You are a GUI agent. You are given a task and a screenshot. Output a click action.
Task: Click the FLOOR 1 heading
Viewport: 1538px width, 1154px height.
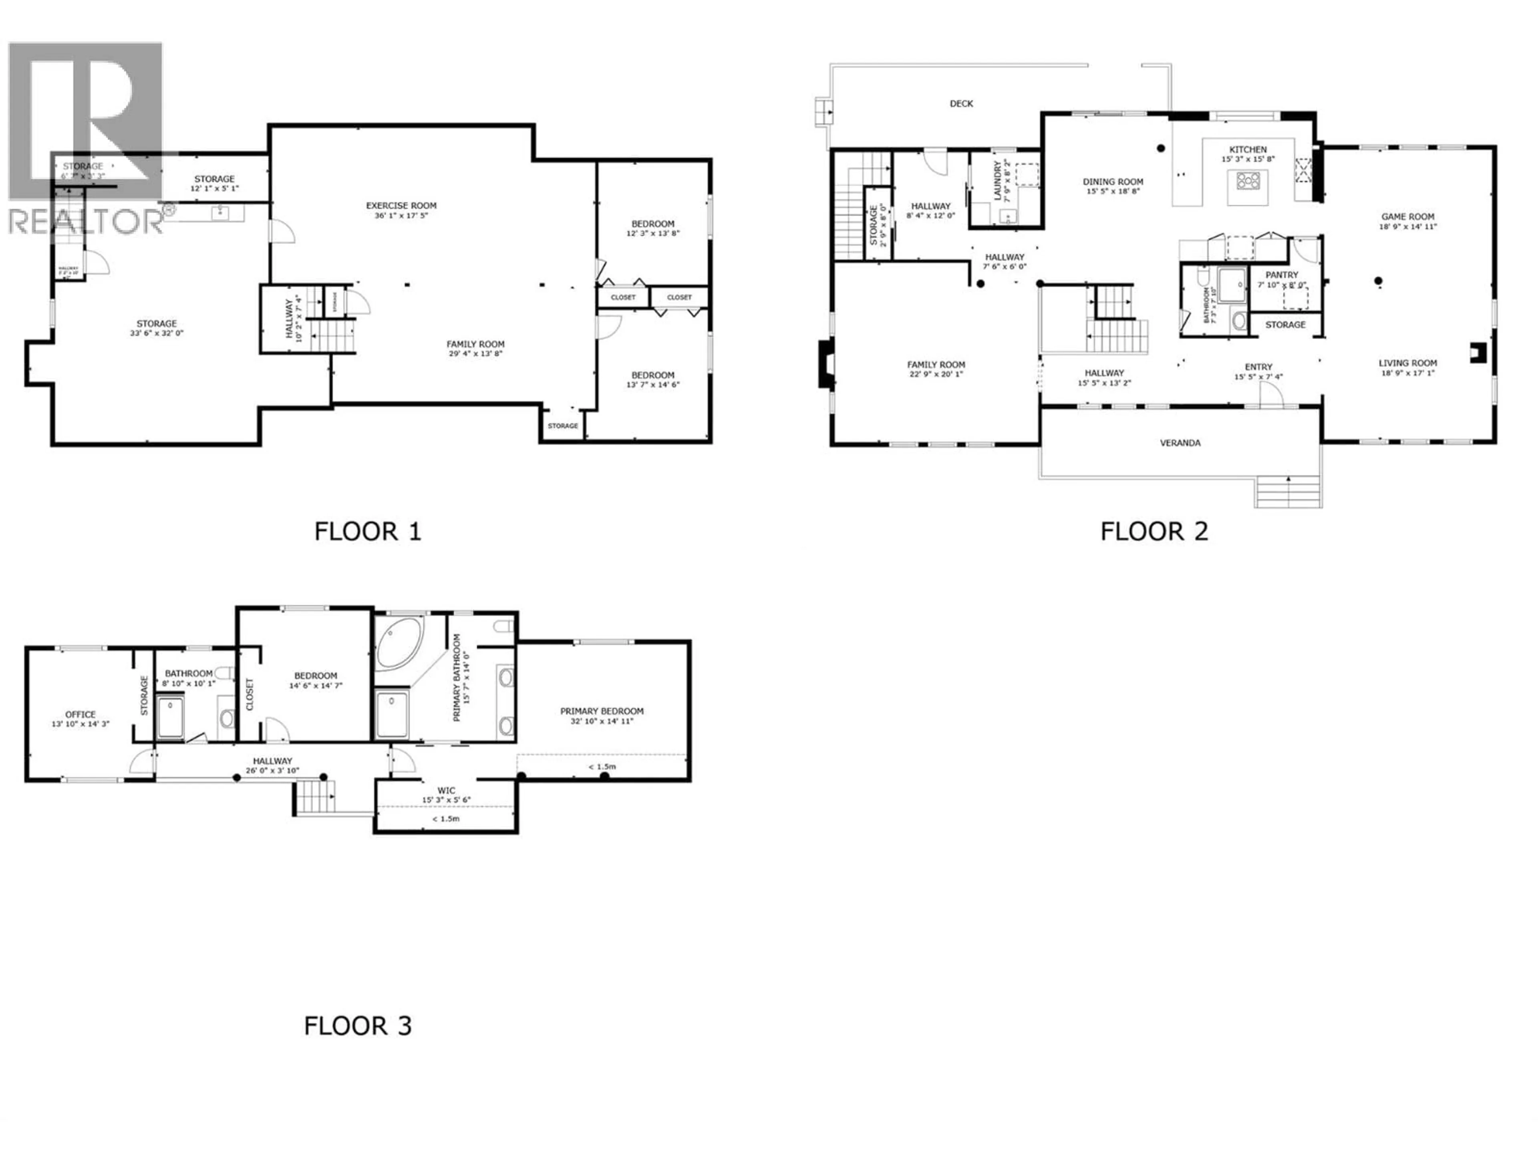click(367, 531)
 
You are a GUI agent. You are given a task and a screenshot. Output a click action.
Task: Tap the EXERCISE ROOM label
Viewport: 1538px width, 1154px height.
click(401, 205)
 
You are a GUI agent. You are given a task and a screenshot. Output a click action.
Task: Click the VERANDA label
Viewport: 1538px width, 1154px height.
click(1180, 442)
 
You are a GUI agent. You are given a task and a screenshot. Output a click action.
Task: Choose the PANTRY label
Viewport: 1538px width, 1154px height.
click(1281, 275)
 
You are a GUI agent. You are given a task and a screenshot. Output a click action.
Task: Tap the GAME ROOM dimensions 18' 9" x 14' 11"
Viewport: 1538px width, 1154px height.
click(1407, 226)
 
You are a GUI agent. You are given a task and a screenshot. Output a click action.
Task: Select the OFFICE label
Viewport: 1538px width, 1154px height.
click(80, 714)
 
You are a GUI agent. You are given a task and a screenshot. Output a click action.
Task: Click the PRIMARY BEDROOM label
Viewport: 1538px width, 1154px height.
click(602, 711)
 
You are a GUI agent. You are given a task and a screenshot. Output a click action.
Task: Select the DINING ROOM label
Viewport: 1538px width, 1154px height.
click(1113, 182)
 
